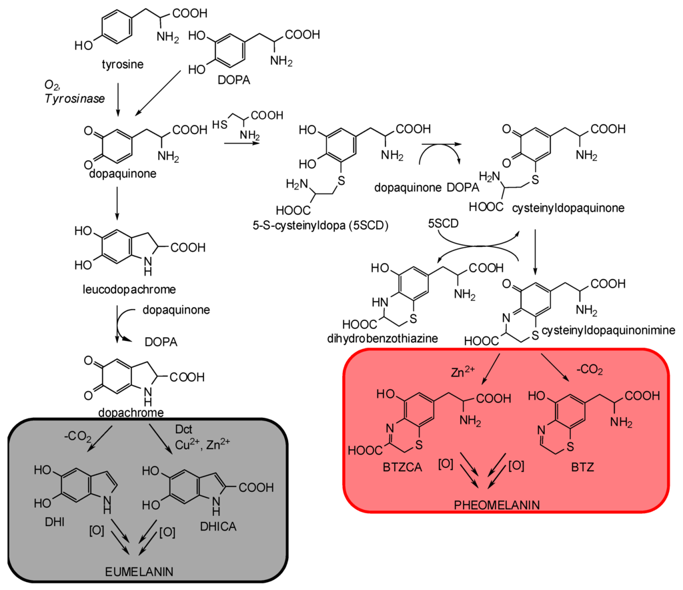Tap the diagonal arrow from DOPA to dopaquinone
(x=164, y=93)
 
